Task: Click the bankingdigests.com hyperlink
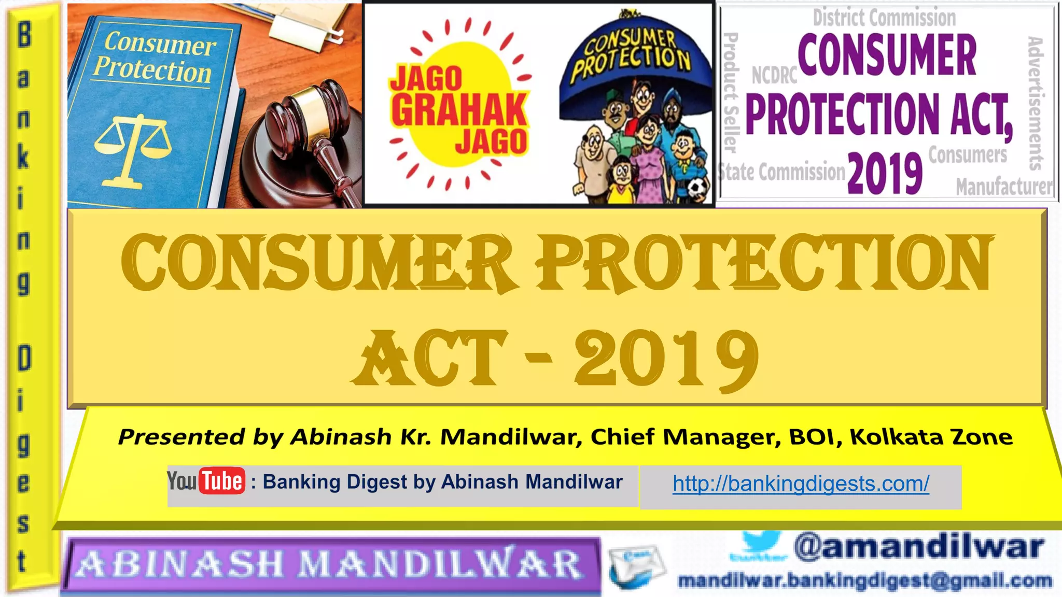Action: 801,484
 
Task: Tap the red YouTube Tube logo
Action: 222,481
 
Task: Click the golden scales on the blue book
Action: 133,150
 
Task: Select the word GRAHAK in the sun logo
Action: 459,110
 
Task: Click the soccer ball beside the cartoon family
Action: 697,189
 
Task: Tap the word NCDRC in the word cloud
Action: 774,76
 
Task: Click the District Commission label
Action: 884,18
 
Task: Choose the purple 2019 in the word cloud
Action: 885,174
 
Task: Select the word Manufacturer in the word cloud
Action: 1004,187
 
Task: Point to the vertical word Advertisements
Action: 1036,104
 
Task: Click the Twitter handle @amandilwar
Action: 918,547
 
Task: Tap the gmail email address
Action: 865,581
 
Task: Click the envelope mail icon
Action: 637,568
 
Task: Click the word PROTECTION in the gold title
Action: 764,263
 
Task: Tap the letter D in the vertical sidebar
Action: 24,359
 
